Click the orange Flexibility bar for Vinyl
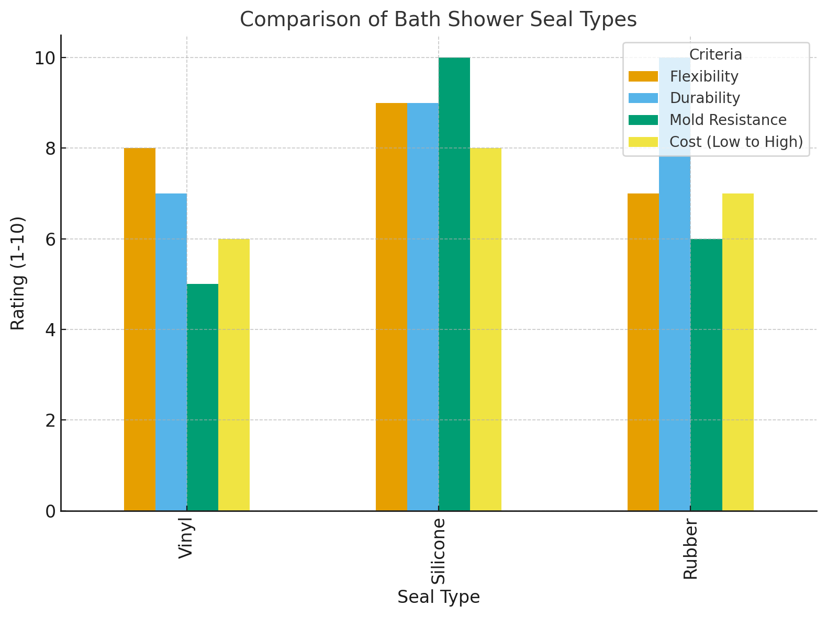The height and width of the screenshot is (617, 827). [140, 329]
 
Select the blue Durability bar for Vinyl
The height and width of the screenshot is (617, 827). [171, 352]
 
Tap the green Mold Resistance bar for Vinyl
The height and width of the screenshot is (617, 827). [203, 397]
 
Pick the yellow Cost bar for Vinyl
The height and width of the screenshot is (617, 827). [234, 375]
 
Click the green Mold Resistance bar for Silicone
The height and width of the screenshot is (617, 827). [454, 284]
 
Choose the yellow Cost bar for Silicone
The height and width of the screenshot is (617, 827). [486, 329]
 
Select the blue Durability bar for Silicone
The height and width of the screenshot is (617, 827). [423, 307]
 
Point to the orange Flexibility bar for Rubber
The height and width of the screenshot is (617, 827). [643, 352]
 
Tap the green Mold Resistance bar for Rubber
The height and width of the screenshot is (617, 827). [706, 375]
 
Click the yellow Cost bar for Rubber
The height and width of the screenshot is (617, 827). [737, 352]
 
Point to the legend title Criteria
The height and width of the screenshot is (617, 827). [716, 54]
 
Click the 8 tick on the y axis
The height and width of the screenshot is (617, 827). [49, 149]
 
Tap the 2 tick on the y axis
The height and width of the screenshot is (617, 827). [49, 420]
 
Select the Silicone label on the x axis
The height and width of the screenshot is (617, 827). [438, 551]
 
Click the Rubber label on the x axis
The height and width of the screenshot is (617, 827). [690, 549]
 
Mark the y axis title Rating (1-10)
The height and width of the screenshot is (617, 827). [18, 273]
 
